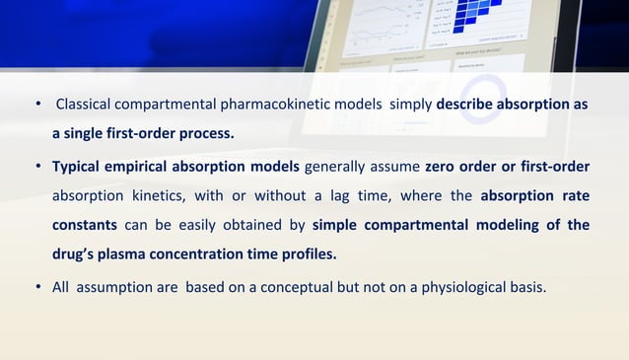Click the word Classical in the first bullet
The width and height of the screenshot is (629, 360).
point(86,105)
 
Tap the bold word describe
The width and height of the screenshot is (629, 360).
point(469,105)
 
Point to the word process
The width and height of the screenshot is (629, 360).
point(205,134)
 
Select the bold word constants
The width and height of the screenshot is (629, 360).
point(85,225)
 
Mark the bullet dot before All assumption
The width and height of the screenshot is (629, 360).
point(37,288)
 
